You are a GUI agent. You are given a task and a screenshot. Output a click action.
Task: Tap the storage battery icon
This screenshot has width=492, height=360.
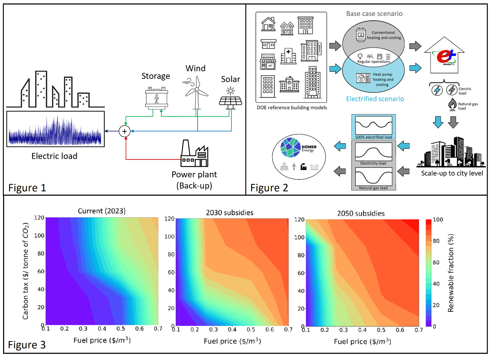(157, 98)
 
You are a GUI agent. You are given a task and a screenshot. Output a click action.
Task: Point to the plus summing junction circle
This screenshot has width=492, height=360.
(124, 131)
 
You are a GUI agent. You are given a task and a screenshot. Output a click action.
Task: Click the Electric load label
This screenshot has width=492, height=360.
(54, 156)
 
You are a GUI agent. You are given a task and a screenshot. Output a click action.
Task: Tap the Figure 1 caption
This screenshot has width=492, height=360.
(27, 188)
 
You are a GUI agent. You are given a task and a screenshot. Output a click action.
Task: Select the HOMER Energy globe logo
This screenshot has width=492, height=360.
(291, 147)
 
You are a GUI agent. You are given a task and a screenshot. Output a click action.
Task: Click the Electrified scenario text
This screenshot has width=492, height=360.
(375, 99)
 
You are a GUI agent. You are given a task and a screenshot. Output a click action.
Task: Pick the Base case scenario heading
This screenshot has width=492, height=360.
(374, 14)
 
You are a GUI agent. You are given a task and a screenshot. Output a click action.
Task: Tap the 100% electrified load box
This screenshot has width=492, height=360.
(374, 127)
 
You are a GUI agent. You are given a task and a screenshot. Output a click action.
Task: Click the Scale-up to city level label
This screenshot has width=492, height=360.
(452, 173)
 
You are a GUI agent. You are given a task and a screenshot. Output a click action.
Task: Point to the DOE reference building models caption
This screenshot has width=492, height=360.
(292, 107)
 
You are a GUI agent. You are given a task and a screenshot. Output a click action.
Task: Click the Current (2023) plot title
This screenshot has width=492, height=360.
(102, 211)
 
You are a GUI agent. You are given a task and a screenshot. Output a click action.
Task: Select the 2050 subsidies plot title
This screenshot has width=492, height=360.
(361, 213)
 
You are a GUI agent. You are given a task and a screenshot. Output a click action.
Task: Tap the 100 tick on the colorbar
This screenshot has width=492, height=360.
(438, 219)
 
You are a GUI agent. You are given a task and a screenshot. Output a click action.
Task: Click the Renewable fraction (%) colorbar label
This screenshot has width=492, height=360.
(451, 273)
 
